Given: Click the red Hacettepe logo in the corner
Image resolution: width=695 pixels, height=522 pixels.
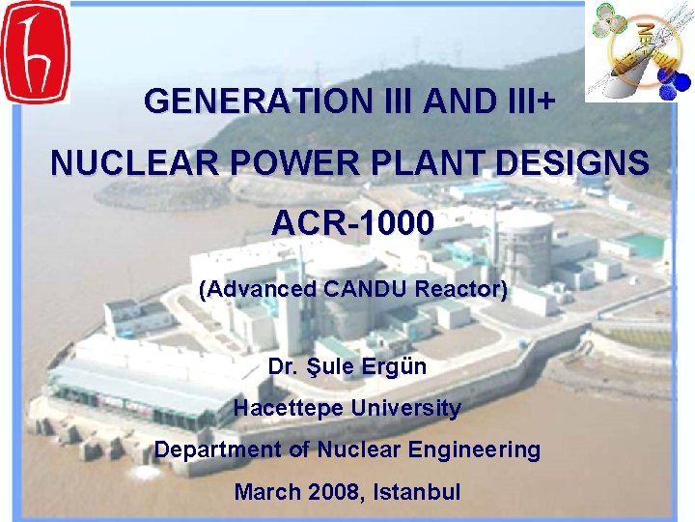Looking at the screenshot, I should pos(35,51).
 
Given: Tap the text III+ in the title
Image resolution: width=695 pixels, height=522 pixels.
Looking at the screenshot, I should pos(527,100).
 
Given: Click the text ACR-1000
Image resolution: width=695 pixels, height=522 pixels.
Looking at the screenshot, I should pos(352,224).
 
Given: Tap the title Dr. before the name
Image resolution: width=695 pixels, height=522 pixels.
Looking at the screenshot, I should pos(282,367).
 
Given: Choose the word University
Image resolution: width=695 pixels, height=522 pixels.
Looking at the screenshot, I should pos(406,409).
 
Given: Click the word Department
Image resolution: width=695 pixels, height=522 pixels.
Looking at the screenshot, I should pos(210,450).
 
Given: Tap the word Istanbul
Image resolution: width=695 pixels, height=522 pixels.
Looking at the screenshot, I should pos(414,492).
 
